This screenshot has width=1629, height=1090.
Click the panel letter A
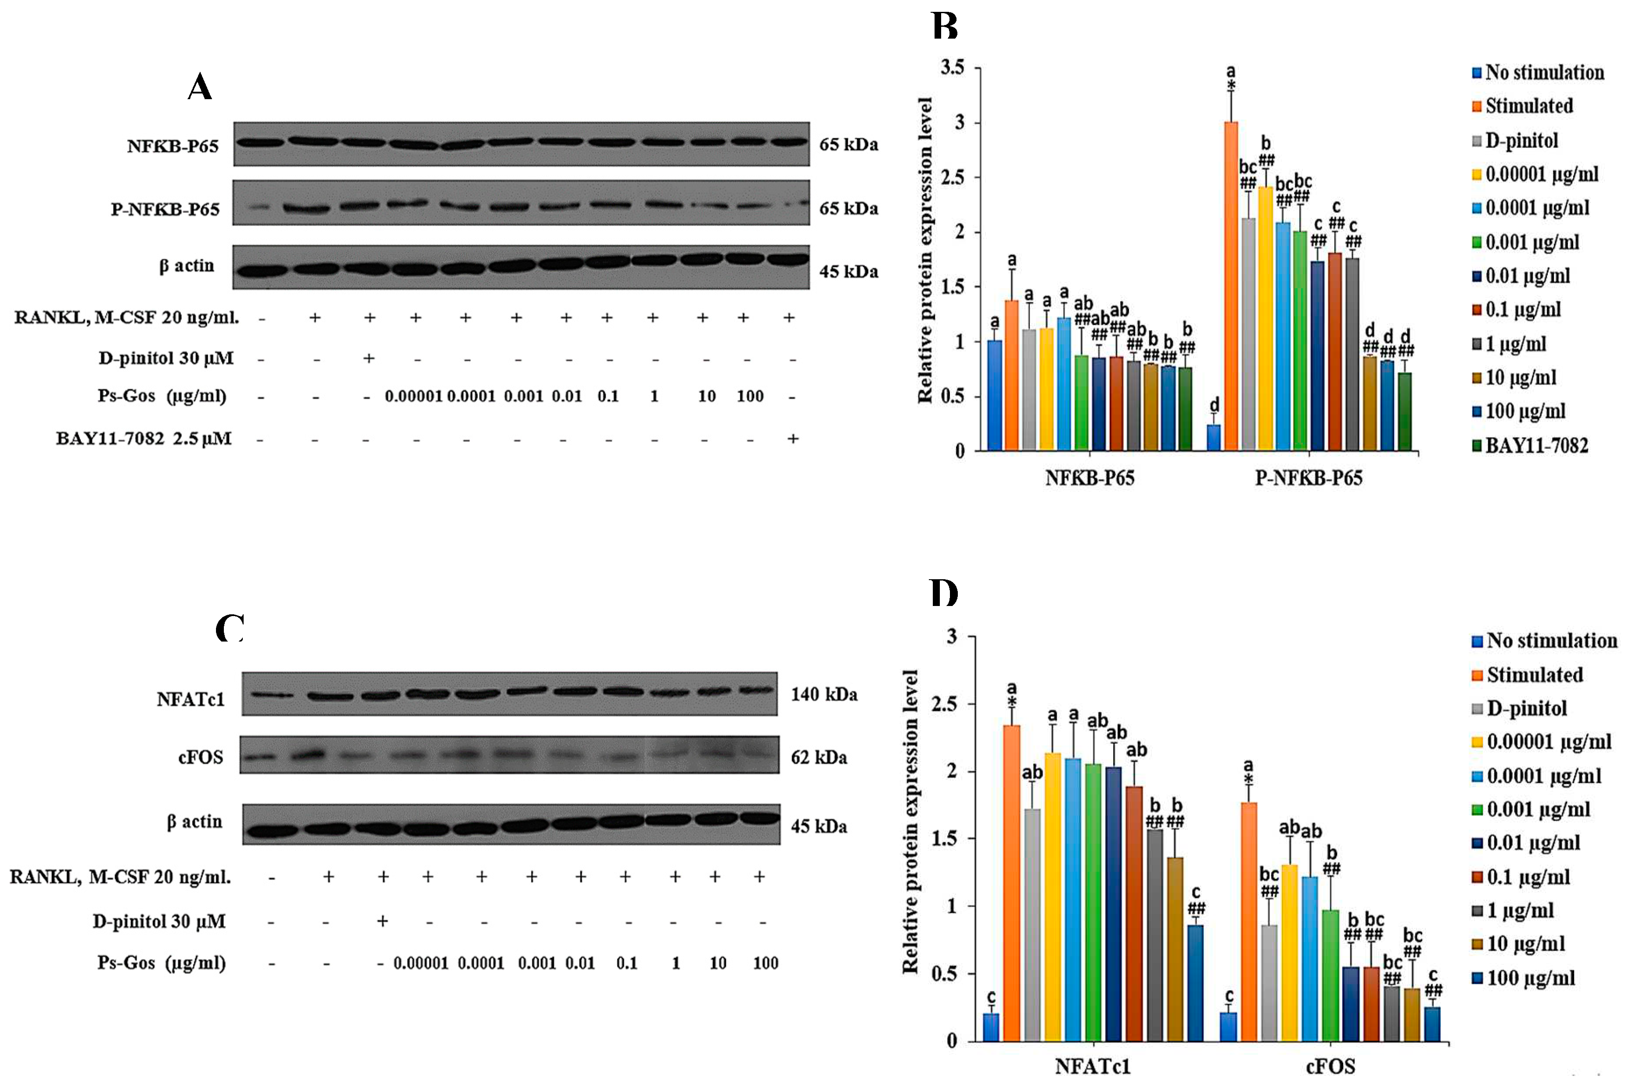tap(200, 88)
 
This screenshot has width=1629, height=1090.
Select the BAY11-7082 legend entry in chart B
tap(1536, 445)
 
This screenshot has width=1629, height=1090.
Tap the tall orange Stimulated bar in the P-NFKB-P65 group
tap(1230, 285)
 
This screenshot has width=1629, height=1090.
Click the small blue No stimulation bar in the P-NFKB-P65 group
tap(1213, 438)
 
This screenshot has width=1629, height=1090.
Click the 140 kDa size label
tap(824, 694)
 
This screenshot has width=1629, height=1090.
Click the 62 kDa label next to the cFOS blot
tap(818, 757)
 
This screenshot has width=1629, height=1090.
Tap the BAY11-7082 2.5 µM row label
tap(144, 439)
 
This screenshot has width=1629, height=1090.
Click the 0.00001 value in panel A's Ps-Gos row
tap(413, 396)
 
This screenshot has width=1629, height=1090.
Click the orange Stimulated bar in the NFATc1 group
tap(1012, 883)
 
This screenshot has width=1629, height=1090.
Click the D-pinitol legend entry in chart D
tap(1526, 708)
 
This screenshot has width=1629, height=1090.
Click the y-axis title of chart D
tap(910, 820)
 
